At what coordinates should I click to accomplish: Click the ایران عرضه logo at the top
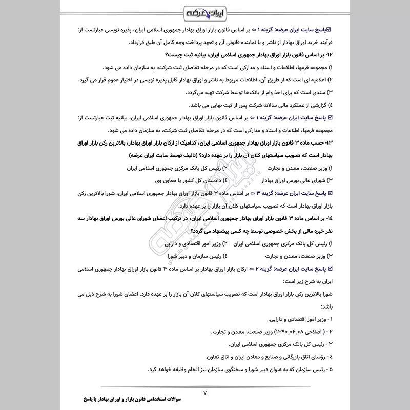(205, 11)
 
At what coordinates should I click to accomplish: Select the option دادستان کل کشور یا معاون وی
(190, 181)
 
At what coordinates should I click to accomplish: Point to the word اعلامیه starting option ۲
(314, 80)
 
